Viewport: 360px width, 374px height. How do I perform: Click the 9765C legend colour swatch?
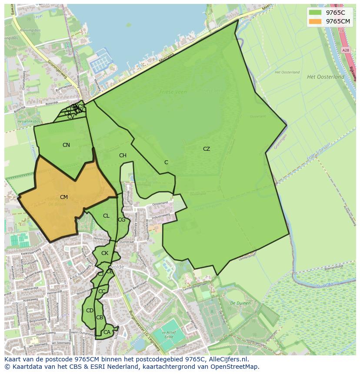(315, 13)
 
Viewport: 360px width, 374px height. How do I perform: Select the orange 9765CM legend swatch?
(315, 21)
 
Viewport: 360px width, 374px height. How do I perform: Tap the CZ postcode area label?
(206, 149)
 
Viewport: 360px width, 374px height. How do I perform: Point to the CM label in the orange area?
(64, 197)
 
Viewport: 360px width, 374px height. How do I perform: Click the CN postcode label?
(66, 145)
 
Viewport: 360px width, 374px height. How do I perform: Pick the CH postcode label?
(123, 156)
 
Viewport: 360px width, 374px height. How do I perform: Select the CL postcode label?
(106, 216)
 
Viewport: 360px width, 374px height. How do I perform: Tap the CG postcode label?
(121, 220)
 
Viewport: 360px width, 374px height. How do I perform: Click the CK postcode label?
(105, 253)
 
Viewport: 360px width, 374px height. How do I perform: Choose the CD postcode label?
(90, 311)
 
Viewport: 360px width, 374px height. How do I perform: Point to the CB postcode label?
(100, 318)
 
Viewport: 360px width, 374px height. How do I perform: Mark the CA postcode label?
(107, 332)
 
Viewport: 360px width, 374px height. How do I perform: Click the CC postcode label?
(102, 291)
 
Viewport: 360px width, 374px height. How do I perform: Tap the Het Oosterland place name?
(325, 77)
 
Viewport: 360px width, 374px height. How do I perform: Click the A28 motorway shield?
(346, 50)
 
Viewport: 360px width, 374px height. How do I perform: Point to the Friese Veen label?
(173, 92)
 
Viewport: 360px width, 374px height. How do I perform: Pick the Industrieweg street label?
(160, 216)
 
